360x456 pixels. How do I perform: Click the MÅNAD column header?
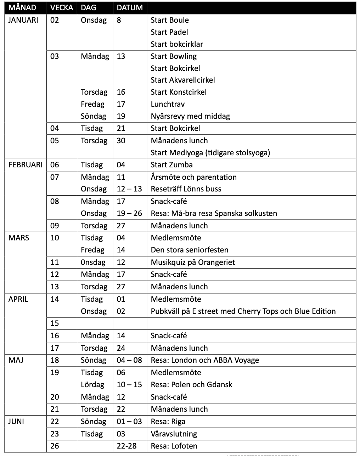click(22, 7)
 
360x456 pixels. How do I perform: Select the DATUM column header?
click(130, 7)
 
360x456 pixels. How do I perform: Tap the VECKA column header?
click(62, 7)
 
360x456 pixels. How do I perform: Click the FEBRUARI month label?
click(25, 165)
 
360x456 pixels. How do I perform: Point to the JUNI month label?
click(16, 421)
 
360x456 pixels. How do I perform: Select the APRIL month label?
click(18, 299)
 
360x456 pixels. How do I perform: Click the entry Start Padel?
click(169, 32)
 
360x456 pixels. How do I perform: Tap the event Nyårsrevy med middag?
click(190, 116)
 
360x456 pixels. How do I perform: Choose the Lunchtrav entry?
click(168, 104)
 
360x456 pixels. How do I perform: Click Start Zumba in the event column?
click(171, 165)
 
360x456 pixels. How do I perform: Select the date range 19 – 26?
click(129, 213)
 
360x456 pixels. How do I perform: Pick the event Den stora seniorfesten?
click(190, 250)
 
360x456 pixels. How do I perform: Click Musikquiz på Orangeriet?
click(193, 262)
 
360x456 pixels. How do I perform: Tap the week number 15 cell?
click(55, 323)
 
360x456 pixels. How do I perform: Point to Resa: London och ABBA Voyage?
click(205, 360)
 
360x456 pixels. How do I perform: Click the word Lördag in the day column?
click(92, 384)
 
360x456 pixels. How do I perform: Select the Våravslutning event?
click(174, 434)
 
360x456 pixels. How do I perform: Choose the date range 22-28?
click(126, 446)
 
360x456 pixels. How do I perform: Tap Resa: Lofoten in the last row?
click(174, 446)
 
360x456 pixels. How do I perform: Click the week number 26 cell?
click(55, 446)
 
